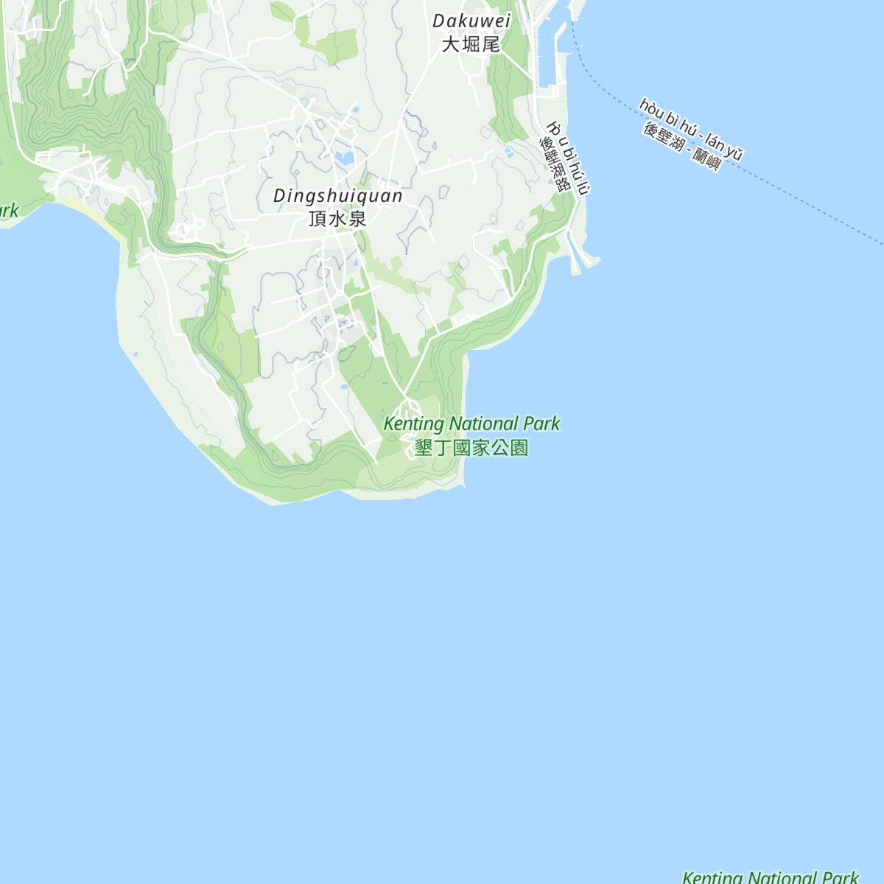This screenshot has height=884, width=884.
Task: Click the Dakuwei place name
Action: (x=471, y=21)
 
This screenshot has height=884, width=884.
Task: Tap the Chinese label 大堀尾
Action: (x=471, y=44)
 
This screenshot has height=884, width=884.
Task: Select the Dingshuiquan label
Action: (x=338, y=196)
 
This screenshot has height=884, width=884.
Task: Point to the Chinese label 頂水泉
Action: (x=337, y=219)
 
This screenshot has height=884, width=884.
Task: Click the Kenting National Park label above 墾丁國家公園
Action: (x=471, y=424)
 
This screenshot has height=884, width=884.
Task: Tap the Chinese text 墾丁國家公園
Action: (x=471, y=448)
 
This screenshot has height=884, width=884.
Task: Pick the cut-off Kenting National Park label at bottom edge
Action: (x=770, y=877)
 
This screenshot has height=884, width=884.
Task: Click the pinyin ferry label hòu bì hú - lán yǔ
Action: (x=691, y=129)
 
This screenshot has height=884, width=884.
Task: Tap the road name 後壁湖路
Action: (x=556, y=164)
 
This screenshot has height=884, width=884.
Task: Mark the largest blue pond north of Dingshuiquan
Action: (x=344, y=157)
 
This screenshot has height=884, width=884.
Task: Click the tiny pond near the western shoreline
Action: (x=136, y=354)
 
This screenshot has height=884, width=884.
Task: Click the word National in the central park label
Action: (x=483, y=424)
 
